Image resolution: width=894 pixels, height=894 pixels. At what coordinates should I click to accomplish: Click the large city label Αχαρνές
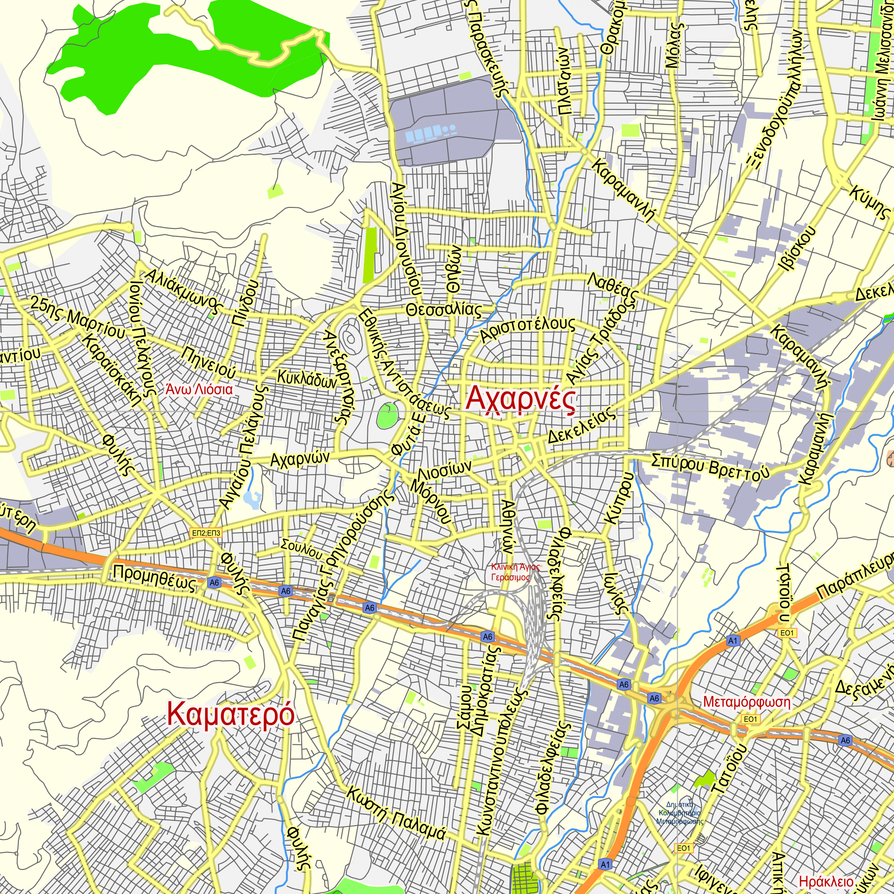click(x=521, y=399)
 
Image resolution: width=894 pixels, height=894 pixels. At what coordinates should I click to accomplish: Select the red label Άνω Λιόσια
click(x=199, y=389)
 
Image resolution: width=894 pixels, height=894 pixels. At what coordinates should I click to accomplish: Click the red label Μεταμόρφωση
click(x=746, y=702)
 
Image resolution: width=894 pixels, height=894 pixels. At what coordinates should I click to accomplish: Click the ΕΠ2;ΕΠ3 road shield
click(x=207, y=533)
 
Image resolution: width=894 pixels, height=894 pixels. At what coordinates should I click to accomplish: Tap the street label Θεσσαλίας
click(x=444, y=310)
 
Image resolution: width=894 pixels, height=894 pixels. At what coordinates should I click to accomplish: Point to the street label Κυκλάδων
click(x=307, y=379)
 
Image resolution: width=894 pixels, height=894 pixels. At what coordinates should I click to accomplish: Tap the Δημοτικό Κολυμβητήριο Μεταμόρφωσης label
click(x=679, y=814)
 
